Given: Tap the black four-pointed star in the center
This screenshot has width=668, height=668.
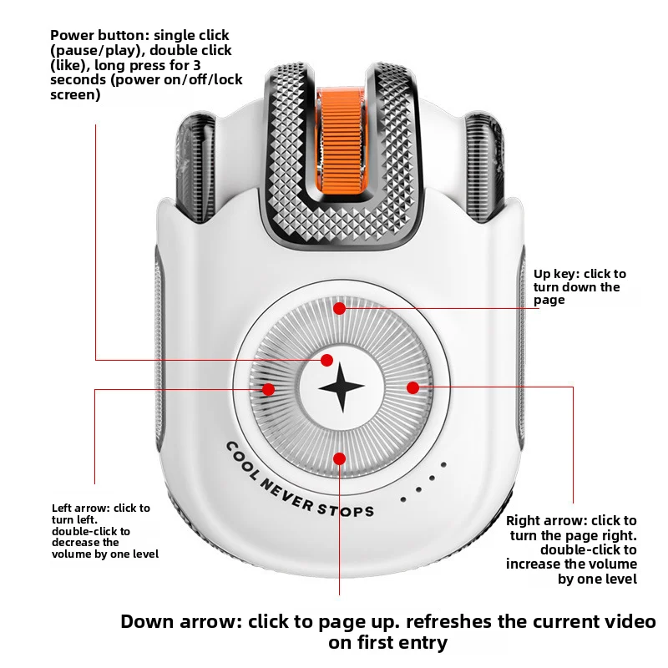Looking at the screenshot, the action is [342, 387].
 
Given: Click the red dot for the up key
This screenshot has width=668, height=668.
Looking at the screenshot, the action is [340, 308].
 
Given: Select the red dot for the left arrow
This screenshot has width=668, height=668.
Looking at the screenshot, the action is [268, 389].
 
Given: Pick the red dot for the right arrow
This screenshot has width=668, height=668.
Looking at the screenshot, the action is [412, 387].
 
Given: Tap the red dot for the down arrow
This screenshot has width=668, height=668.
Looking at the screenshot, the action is [340, 458].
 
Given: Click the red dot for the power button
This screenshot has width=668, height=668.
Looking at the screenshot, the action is [326, 360].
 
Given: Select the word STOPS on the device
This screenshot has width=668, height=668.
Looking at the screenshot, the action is [346, 510].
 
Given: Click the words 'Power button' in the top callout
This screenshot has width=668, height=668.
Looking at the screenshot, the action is [99, 35].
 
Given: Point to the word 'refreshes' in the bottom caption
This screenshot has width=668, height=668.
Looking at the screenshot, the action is [448, 621].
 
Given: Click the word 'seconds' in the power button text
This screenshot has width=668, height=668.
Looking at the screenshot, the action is [78, 79].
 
